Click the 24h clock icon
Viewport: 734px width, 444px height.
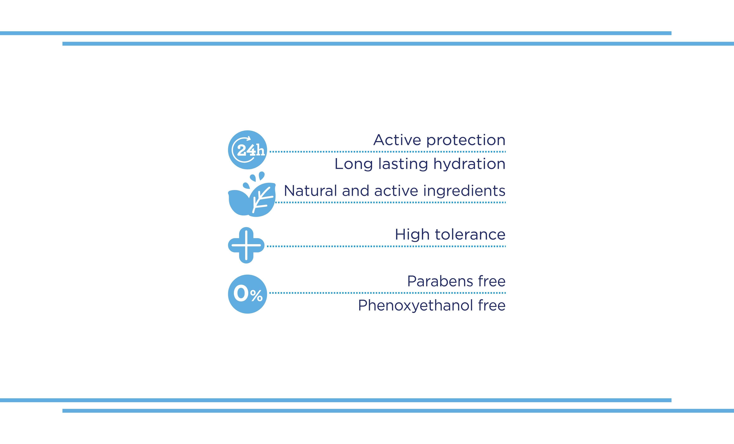(x=247, y=150)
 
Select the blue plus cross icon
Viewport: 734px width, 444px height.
(x=246, y=245)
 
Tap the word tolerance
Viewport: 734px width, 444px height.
(x=470, y=234)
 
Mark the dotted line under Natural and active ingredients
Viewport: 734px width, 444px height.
(x=390, y=202)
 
